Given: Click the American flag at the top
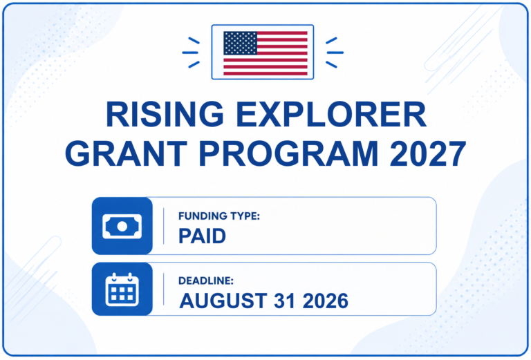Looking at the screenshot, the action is point(265,53).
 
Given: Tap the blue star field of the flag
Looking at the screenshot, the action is point(240,43).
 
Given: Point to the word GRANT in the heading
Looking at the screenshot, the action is point(126,153).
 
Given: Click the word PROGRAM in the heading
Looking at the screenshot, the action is point(288,153).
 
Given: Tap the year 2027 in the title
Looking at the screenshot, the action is point(428,153).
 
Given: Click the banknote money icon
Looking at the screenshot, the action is point(122,227).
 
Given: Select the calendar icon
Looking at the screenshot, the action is point(122,290).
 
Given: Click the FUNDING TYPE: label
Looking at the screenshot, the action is point(218,216).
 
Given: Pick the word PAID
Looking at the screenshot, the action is point(202,236).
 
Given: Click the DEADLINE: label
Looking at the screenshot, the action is point(206,281).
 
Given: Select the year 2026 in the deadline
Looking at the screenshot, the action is point(326,301).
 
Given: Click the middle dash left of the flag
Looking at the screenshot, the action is point(190,53).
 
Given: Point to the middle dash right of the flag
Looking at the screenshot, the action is point(335,53).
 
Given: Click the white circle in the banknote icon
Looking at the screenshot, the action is point(122,227).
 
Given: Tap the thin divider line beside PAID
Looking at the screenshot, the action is point(164,226).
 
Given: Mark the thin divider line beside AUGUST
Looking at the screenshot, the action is point(164,290).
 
